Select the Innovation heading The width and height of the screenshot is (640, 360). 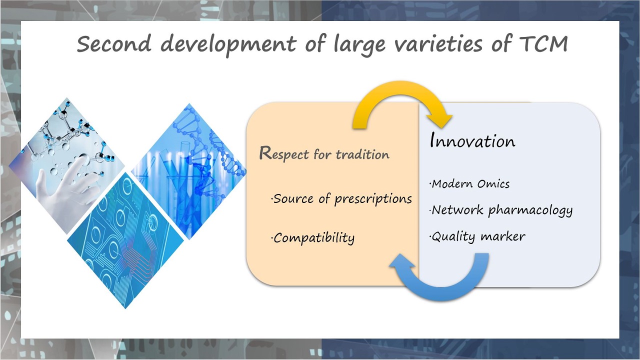pyautogui.click(x=472, y=140)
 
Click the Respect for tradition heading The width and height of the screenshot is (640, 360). pyautogui.click(x=324, y=153)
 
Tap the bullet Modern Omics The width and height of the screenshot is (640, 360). pyautogui.click(x=469, y=183)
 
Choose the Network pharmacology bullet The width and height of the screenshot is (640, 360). pyautogui.click(x=501, y=210)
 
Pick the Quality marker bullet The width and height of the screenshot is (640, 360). pyautogui.click(x=477, y=236)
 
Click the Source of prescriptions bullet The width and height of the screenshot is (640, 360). pyautogui.click(x=341, y=199)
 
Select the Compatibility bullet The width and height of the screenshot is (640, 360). pyautogui.click(x=312, y=238)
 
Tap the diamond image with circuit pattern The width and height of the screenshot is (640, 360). pyautogui.click(x=125, y=240)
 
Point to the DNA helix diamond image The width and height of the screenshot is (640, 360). pyautogui.click(x=188, y=171)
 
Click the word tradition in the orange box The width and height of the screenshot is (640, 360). pyautogui.click(x=362, y=154)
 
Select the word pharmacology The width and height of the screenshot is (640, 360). pyautogui.click(x=530, y=211)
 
